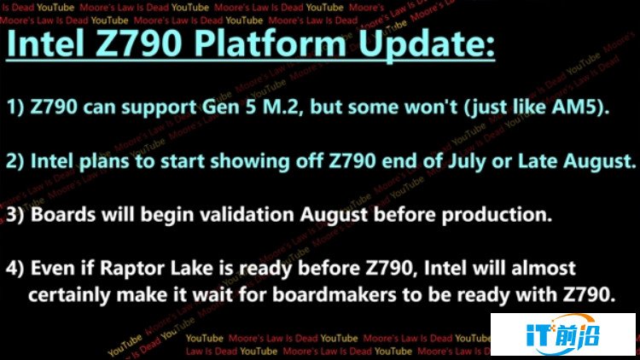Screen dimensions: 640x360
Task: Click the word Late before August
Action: pyautogui.click(x=536, y=161)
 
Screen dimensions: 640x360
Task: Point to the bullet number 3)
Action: pyautogui.click(x=15, y=215)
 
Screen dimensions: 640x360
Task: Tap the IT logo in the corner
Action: pyautogui.click(x=563, y=335)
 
